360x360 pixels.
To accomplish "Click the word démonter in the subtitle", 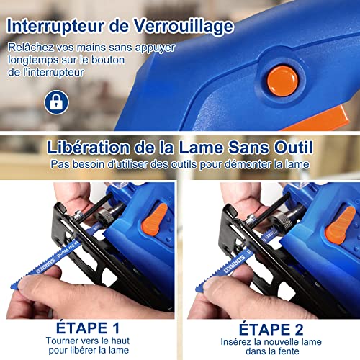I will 248,165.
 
